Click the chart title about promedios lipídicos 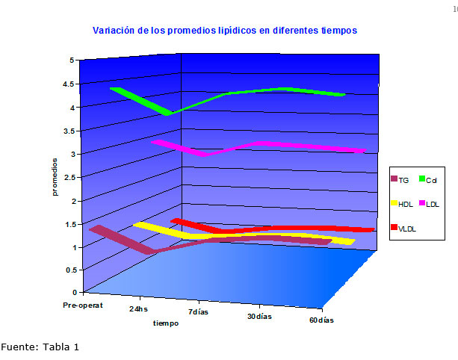[225, 31]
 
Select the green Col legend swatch [422, 179]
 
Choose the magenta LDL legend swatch [422, 202]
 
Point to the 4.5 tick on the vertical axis [68, 84]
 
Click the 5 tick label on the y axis [72, 60]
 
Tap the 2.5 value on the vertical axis [68, 178]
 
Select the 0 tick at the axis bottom [72, 292]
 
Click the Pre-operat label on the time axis [83, 305]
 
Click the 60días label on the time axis [321, 320]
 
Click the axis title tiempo [166, 323]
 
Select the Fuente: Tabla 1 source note [40, 347]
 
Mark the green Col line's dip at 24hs [170, 112]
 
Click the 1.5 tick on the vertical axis [68, 224]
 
